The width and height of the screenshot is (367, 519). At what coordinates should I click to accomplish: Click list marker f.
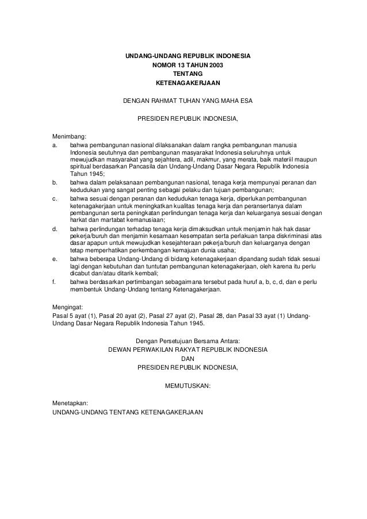pyautogui.click(x=53, y=282)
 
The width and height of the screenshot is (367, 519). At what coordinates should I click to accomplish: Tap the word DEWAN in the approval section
pyautogui.click(x=120, y=349)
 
